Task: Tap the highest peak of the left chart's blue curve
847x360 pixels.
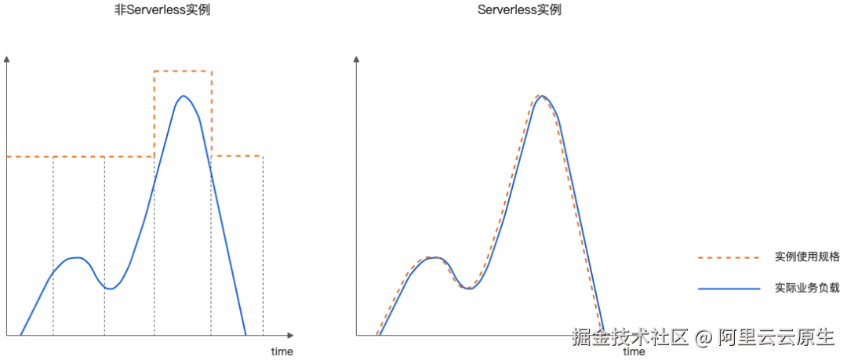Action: (184, 96)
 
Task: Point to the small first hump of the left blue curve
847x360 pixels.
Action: (74, 257)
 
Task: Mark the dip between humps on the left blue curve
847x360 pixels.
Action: (111, 289)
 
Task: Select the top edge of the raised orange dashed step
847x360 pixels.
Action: (182, 72)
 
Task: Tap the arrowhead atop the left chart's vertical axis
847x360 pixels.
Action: (8, 56)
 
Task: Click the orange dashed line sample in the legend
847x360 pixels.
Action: (729, 256)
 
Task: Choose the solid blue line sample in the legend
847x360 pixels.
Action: (729, 288)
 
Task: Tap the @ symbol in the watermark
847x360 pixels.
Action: (703, 336)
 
